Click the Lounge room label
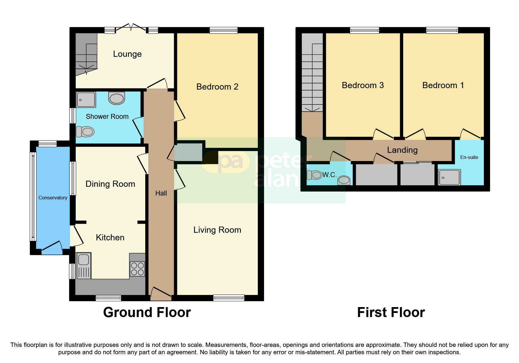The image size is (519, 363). pyautogui.click(x=127, y=54)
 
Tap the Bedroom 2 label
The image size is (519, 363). pyautogui.click(x=217, y=87)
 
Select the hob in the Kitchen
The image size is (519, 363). pyautogui.click(x=137, y=269)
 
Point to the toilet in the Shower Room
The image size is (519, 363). pyautogui.click(x=85, y=132)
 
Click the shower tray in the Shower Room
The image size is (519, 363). pyautogui.click(x=86, y=100)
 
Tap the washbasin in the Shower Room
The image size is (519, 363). pyautogui.click(x=117, y=98)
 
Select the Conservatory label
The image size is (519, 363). pyautogui.click(x=53, y=198)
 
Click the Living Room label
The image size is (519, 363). pyautogui.click(x=217, y=230)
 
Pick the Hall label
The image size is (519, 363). pyautogui.click(x=161, y=193)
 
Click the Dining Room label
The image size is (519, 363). pyautogui.click(x=110, y=184)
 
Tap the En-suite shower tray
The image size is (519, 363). pyautogui.click(x=450, y=177)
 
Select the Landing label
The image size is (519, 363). pyautogui.click(x=402, y=150)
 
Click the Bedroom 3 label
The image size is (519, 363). pyautogui.click(x=363, y=85)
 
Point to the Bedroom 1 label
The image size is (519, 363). pyautogui.click(x=443, y=85)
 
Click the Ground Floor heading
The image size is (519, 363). pyautogui.click(x=147, y=312)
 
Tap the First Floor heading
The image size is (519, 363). pyautogui.click(x=391, y=312)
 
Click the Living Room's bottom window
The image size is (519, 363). pyautogui.click(x=229, y=298)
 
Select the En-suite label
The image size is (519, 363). pyautogui.click(x=469, y=157)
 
